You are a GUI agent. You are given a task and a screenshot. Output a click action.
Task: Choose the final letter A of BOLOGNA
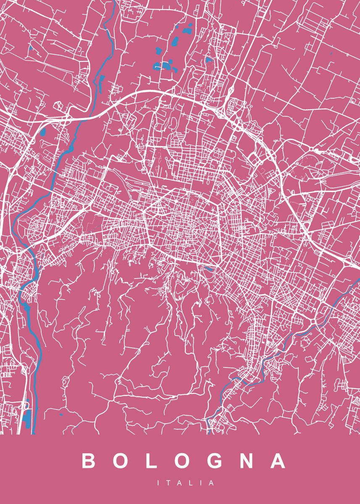point(278,461)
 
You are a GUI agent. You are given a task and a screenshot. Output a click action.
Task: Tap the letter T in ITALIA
point(168,483)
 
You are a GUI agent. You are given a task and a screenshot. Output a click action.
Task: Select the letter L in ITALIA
point(191,483)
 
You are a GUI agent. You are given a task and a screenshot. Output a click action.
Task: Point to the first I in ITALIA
point(159,483)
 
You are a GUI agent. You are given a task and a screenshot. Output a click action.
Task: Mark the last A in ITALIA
point(211,483)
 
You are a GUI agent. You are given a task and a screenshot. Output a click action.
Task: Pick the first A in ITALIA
point(180,483)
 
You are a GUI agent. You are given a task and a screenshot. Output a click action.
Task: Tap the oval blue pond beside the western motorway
point(43,133)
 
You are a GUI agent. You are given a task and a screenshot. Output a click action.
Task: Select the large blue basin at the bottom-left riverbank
point(27,418)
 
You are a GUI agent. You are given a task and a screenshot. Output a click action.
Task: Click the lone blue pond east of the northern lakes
point(209,60)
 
